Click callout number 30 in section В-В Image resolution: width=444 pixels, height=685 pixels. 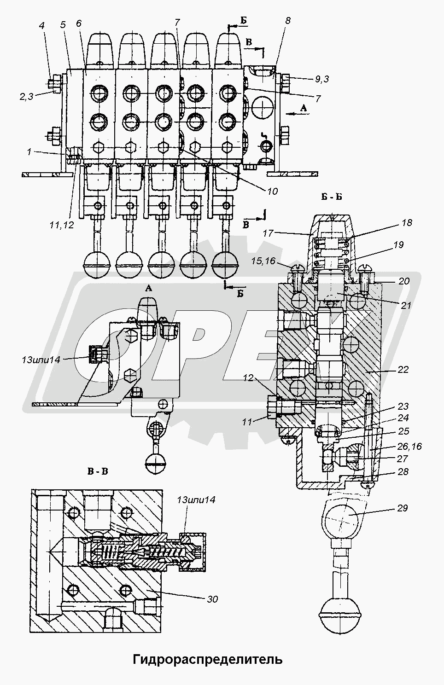point(213,599)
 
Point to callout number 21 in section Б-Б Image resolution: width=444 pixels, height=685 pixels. point(405,305)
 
